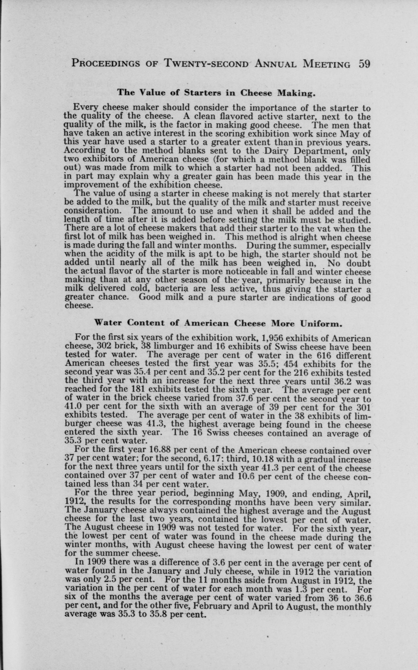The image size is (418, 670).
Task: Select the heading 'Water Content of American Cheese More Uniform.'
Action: point(218,323)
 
